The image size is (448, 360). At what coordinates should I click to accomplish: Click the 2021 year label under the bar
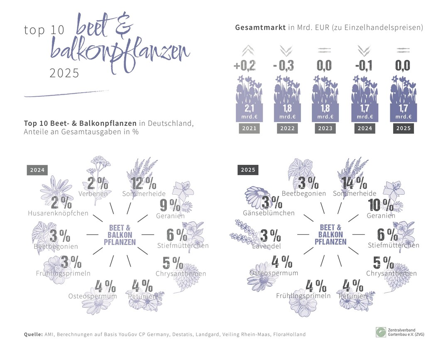coord(249,128)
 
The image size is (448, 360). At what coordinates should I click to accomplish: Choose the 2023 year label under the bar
coord(325,128)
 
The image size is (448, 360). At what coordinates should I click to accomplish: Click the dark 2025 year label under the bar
coord(403,128)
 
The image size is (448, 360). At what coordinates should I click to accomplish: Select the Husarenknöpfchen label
coord(58,213)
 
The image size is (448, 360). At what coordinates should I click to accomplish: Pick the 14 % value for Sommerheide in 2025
coord(354,183)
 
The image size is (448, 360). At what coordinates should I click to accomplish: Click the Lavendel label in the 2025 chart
coord(266,246)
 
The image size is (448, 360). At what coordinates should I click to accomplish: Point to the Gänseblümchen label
coord(269,213)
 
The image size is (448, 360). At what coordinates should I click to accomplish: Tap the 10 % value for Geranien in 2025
coord(381,205)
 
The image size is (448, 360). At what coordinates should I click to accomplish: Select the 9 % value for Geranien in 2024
coord(170,205)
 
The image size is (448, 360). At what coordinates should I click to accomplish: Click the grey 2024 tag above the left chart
coord(37,170)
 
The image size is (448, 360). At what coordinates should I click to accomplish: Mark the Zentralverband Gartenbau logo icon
coord(381,332)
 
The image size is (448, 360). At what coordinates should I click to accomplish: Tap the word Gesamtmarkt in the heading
coord(260,28)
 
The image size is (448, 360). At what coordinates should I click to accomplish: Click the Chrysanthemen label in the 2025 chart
coord(391,273)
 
